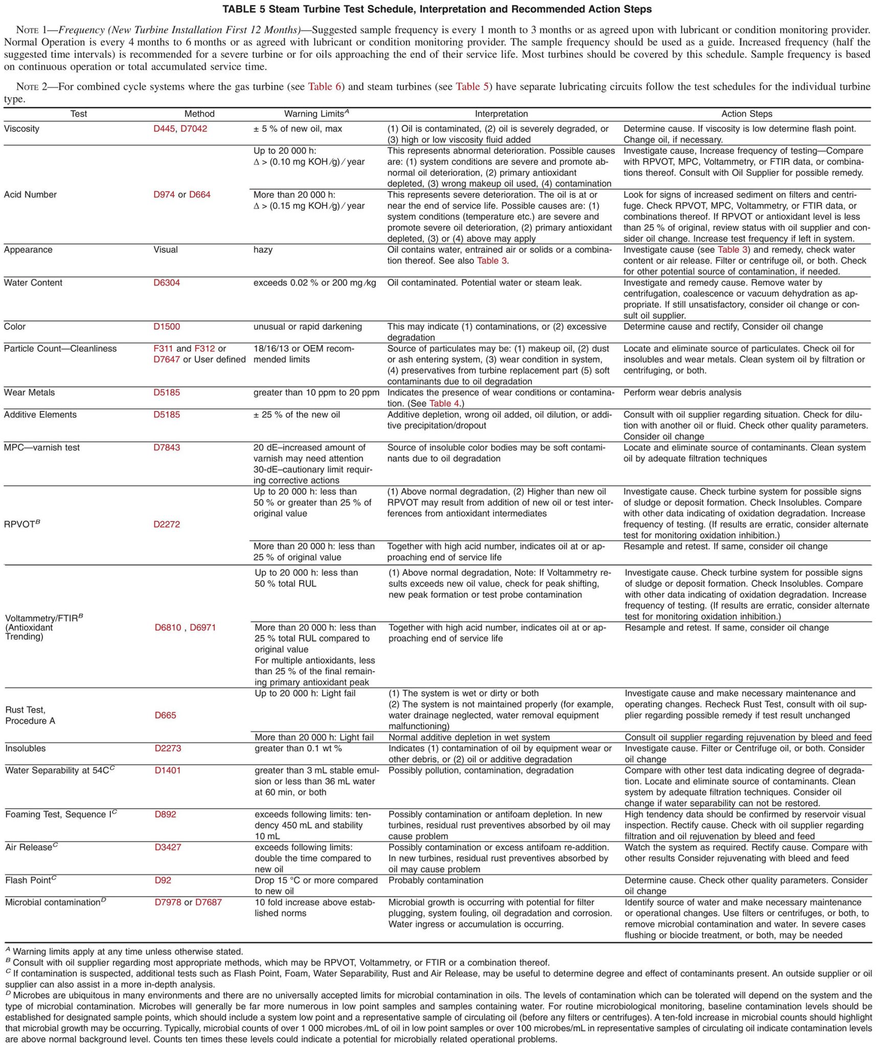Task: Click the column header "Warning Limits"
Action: (x=316, y=114)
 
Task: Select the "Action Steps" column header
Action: (x=746, y=114)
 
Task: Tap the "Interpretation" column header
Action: (x=501, y=114)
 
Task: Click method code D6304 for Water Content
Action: (x=167, y=283)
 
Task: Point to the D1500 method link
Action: (x=167, y=327)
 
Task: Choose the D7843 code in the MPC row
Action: (x=167, y=447)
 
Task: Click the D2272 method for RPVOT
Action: (x=167, y=524)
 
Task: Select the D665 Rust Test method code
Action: (x=165, y=715)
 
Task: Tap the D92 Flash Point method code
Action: (x=163, y=880)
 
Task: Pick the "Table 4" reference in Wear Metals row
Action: (x=444, y=403)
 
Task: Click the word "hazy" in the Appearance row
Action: (x=263, y=249)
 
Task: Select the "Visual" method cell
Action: (x=166, y=249)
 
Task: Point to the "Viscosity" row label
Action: (x=21, y=129)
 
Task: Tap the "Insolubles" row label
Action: (x=25, y=748)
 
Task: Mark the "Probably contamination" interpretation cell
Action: (x=436, y=880)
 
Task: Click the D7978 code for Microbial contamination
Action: (x=168, y=902)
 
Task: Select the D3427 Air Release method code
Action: (x=168, y=847)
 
